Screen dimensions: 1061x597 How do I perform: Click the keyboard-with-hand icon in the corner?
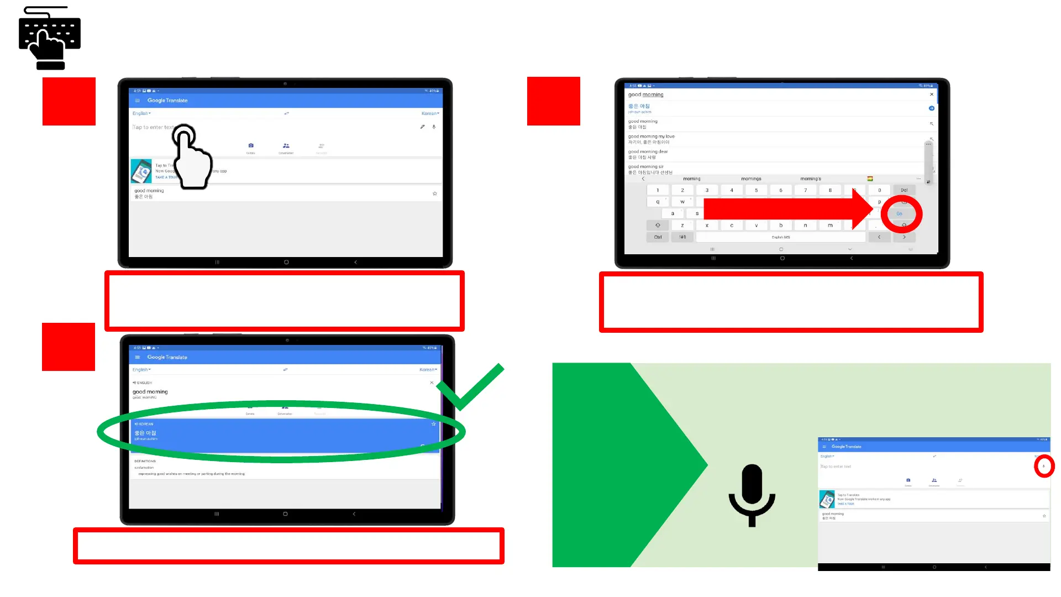[x=50, y=38]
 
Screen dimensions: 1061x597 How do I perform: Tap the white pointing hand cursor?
[x=192, y=158]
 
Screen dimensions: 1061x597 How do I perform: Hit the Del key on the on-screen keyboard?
[x=904, y=190]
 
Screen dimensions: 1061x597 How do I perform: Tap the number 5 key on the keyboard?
[x=756, y=190]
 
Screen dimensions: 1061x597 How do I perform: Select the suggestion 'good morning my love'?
[x=651, y=137]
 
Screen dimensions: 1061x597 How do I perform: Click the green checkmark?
[x=470, y=387]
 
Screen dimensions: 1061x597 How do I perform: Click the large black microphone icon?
[x=752, y=495]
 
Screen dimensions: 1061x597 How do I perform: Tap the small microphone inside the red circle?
[x=1044, y=467]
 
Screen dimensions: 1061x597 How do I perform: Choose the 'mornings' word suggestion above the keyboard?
[x=751, y=179]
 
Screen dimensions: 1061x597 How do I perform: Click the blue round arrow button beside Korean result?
[x=931, y=108]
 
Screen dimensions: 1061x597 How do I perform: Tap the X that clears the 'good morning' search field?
[x=932, y=95]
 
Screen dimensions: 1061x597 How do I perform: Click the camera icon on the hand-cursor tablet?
[x=251, y=146]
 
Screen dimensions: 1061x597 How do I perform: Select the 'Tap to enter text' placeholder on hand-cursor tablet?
[x=153, y=127]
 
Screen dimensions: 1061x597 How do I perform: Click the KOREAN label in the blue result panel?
[x=145, y=424]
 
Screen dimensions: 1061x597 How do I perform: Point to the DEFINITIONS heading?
[x=145, y=461]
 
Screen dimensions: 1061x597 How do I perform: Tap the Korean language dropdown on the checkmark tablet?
[x=428, y=370]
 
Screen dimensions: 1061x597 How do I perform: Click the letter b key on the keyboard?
[x=780, y=226]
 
